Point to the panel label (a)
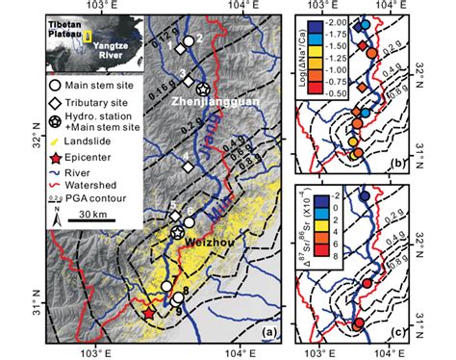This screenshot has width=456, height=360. pos(271,333)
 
